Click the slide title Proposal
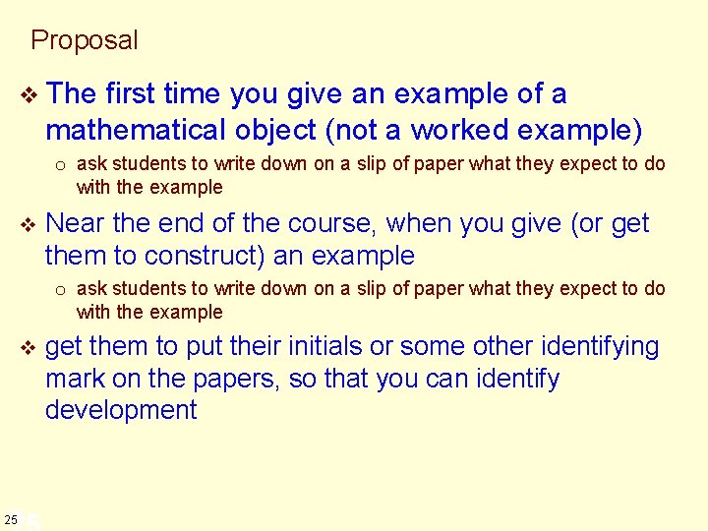[x=85, y=40]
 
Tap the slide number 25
[x=11, y=518]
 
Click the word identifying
[x=586, y=347]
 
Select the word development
[x=121, y=410]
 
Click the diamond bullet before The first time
[x=28, y=95]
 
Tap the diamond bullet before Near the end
[x=28, y=225]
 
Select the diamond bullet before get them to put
[x=28, y=348]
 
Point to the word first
[x=136, y=94]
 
